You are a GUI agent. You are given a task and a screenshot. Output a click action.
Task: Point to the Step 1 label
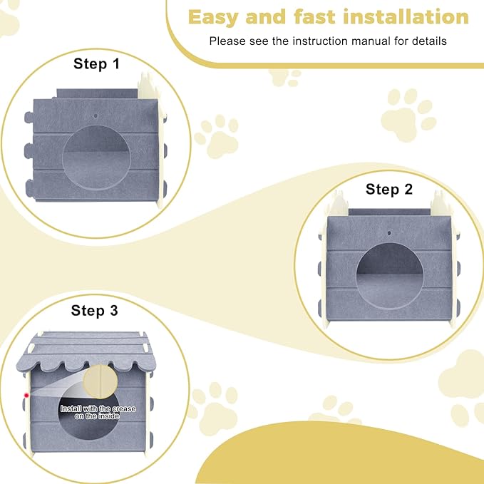[x=97, y=63]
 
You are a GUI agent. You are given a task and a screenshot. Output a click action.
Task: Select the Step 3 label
[x=94, y=310]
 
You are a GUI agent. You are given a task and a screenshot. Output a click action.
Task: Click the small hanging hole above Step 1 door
[x=96, y=114]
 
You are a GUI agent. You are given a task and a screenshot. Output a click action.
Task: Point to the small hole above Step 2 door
[x=389, y=233]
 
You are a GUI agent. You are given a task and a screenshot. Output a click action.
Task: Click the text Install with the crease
[x=86, y=408]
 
